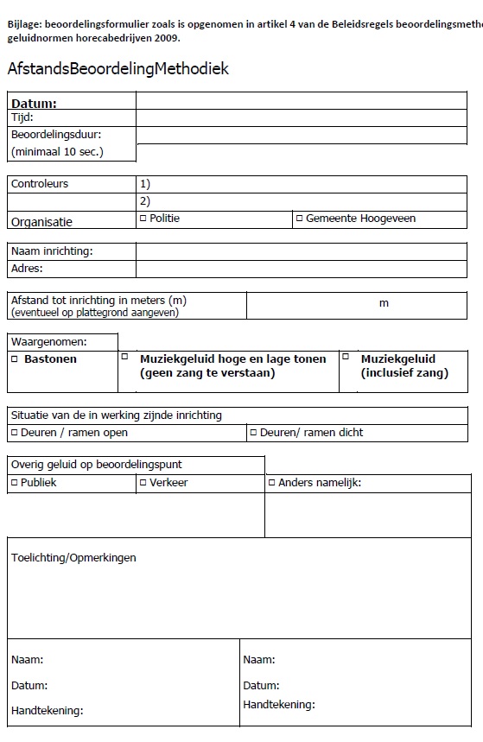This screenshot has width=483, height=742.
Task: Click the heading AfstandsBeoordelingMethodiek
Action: [118, 69]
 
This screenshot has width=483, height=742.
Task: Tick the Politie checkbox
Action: [143, 218]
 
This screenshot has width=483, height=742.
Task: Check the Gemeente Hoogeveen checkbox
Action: [299, 219]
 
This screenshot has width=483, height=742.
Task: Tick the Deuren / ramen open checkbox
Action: [14, 432]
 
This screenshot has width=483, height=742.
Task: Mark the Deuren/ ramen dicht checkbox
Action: [253, 432]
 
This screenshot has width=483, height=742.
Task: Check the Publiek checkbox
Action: [14, 483]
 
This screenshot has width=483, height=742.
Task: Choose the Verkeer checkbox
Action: [143, 483]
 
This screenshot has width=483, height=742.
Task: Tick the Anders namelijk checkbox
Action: [271, 483]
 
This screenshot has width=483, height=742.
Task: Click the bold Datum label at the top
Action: [34, 104]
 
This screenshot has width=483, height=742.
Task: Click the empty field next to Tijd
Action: [301, 118]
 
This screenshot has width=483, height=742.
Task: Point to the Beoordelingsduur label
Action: [56, 135]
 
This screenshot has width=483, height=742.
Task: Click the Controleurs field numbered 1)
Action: [301, 184]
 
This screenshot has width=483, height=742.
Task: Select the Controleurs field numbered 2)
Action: [301, 200]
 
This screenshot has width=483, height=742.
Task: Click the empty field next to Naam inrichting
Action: [301, 251]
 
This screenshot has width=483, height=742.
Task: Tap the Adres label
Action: [27, 268]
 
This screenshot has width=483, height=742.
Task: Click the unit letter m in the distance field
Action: [384, 303]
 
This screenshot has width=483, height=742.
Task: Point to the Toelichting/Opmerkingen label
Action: [73, 558]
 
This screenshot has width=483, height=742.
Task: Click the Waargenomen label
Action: [49, 342]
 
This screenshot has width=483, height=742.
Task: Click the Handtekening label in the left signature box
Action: [47, 711]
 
